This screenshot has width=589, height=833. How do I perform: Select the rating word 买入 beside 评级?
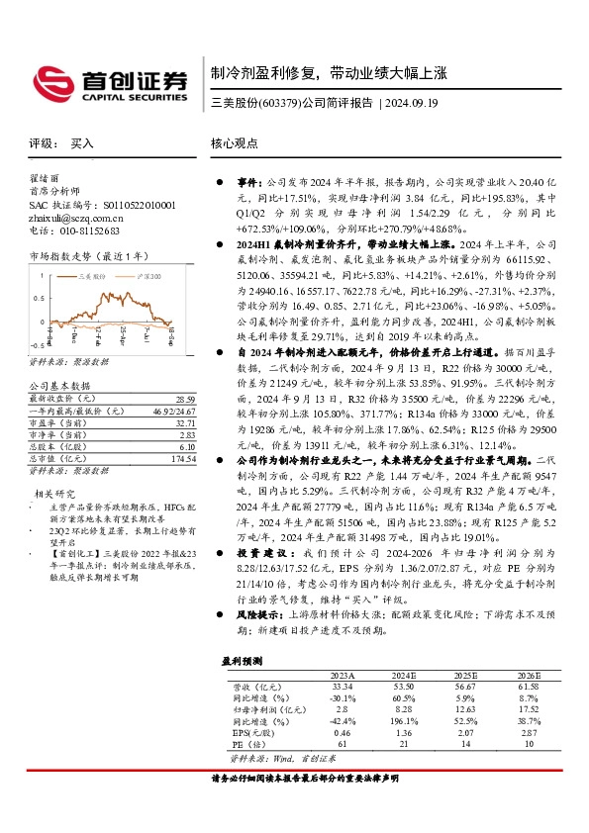(82, 143)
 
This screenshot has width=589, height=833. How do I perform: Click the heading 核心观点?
(234, 143)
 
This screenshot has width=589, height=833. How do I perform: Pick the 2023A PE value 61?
(342, 742)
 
